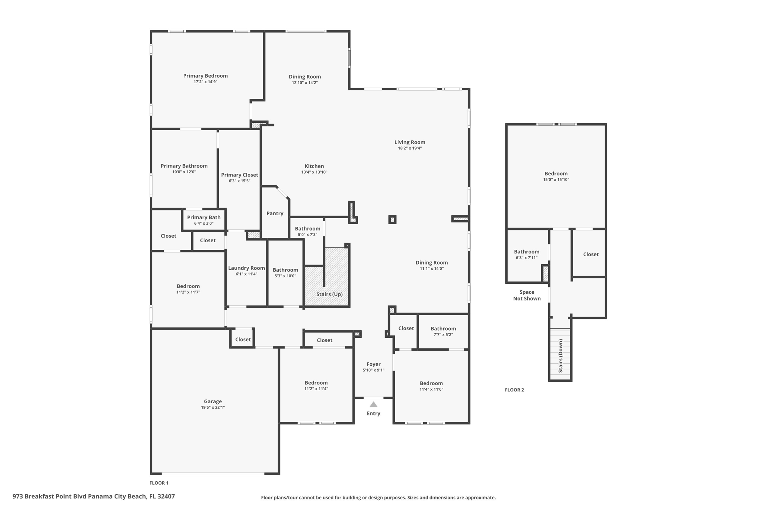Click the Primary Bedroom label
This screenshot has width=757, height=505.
(206, 76)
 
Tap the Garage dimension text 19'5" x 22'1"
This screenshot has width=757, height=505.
(213, 407)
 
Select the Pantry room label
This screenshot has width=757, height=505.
(275, 213)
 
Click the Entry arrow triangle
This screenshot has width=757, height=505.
(373, 404)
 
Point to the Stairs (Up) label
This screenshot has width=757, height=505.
(329, 294)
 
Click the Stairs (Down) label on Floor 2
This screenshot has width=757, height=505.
(560, 356)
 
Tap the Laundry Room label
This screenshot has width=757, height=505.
(247, 268)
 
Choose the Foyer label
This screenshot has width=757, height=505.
(373, 364)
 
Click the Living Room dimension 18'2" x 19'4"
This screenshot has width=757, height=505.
(410, 148)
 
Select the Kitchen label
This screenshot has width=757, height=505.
(314, 166)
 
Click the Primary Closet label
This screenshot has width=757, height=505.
(240, 175)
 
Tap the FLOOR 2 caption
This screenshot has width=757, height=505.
(514, 390)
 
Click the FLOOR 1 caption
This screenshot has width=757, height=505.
(159, 483)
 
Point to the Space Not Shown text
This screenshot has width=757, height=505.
(527, 295)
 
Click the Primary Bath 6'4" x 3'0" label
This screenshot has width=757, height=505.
(204, 220)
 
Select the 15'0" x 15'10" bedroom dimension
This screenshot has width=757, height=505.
(556, 180)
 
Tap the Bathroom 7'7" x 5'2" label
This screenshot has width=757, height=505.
(443, 331)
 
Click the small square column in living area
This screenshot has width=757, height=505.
(392, 220)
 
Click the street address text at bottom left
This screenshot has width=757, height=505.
(94, 496)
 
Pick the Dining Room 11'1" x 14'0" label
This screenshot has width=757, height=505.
(431, 265)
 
